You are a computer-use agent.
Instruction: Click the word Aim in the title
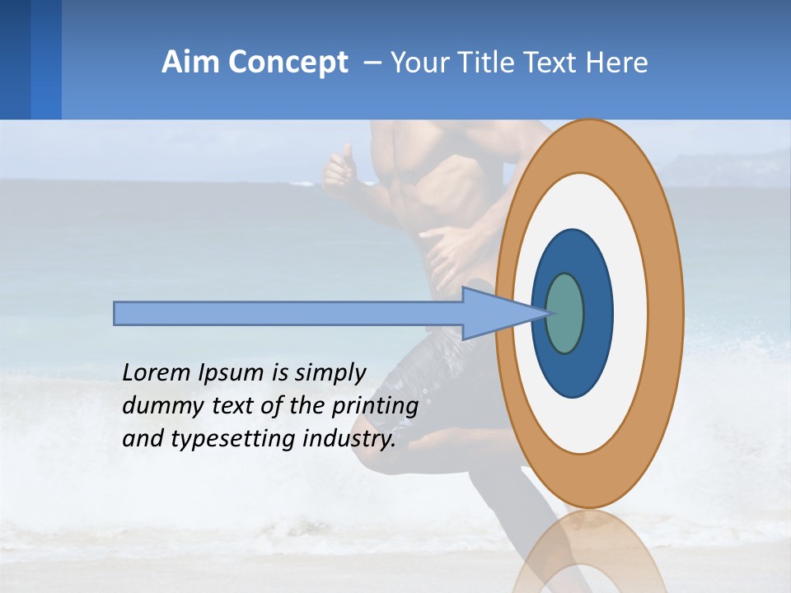[191, 63]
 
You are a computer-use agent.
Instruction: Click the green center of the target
[565, 314]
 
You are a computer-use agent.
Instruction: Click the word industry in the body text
[349, 439]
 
